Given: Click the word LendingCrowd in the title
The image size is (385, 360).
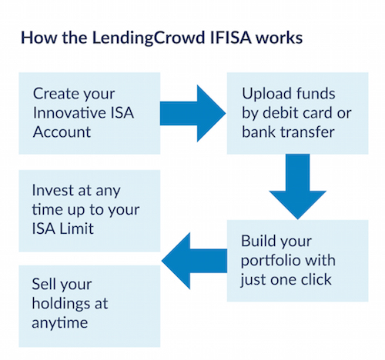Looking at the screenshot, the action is [x=149, y=38].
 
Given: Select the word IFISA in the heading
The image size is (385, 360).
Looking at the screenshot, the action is [x=230, y=38].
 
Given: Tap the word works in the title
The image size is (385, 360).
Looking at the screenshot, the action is [x=279, y=38].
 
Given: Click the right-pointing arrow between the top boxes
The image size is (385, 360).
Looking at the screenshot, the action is [x=192, y=113].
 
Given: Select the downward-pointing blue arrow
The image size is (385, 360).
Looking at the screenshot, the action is [x=298, y=187].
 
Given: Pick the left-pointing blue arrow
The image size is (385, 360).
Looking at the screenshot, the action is [x=194, y=261].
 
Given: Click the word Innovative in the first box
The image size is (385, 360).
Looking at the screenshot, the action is [x=69, y=113].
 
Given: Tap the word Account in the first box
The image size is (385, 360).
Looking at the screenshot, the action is [x=62, y=132].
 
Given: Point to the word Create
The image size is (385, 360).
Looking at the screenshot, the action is [x=52, y=94].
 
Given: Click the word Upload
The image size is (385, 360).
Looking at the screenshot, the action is [x=266, y=94].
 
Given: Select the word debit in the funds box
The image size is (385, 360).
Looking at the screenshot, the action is [x=280, y=113].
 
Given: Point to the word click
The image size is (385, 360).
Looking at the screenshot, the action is [x=316, y=279].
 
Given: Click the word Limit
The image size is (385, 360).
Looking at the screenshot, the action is [x=77, y=228].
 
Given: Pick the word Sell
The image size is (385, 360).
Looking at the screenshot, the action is [x=42, y=284].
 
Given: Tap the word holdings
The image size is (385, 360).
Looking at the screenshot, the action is [x=61, y=305].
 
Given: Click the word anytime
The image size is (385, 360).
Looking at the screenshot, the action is [x=60, y=322].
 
